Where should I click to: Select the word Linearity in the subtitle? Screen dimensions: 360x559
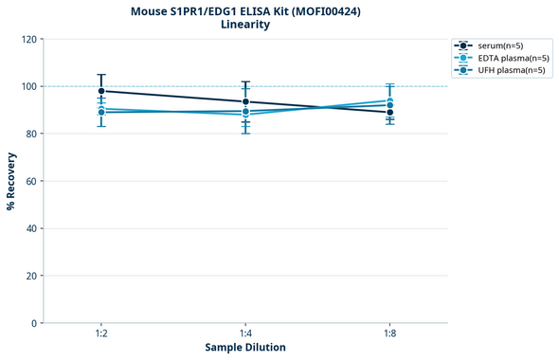point(245,25)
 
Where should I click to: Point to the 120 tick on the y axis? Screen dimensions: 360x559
point(29,39)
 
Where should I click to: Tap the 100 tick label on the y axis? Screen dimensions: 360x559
point(29,86)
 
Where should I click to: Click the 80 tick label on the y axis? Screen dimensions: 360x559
point(31,134)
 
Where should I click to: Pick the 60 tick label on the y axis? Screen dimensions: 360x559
point(31,181)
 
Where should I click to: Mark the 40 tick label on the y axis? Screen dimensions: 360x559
point(31,228)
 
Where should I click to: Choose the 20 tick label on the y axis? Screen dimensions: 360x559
point(31,276)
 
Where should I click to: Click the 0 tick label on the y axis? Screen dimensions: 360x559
point(34,323)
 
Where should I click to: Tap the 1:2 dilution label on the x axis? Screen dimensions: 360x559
point(100,334)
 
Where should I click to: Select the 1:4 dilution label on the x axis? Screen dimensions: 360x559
point(245,334)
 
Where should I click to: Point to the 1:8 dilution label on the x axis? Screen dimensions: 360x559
point(390,334)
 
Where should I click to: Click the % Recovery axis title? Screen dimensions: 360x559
point(11,181)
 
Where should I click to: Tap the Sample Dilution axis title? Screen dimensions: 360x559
point(245,348)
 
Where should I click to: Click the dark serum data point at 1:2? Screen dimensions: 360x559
point(100,91)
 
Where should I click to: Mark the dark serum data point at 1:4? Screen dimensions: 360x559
point(245,101)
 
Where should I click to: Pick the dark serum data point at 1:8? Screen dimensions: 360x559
point(390,112)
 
